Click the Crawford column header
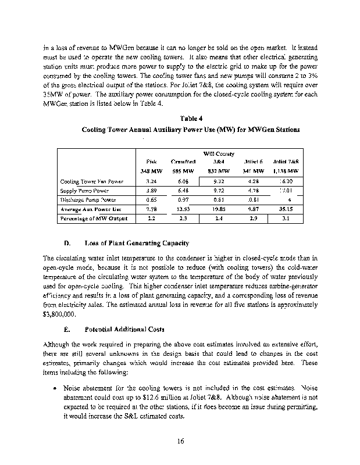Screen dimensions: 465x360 183,161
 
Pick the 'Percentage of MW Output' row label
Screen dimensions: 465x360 93,219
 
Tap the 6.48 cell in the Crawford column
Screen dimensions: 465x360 183,190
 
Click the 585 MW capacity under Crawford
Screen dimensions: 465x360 183,171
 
